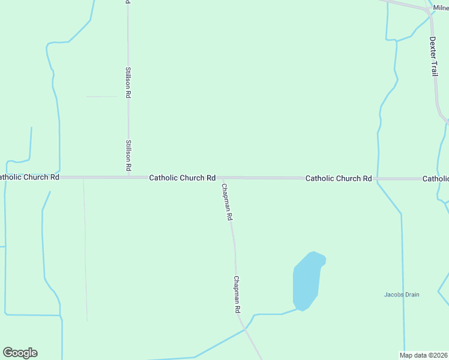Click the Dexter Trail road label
point(434,56)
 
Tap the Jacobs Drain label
point(402,295)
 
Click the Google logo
point(20,353)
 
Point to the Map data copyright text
point(424,355)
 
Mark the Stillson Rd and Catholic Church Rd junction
point(128,177)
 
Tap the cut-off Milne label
point(441,8)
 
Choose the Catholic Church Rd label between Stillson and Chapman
point(182,178)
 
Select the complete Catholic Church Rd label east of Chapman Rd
point(339,178)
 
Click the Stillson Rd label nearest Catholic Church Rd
point(128,156)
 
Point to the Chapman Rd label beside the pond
point(237,294)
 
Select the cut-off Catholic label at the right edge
point(436,178)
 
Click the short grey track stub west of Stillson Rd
point(101,96)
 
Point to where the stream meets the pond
point(297,310)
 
